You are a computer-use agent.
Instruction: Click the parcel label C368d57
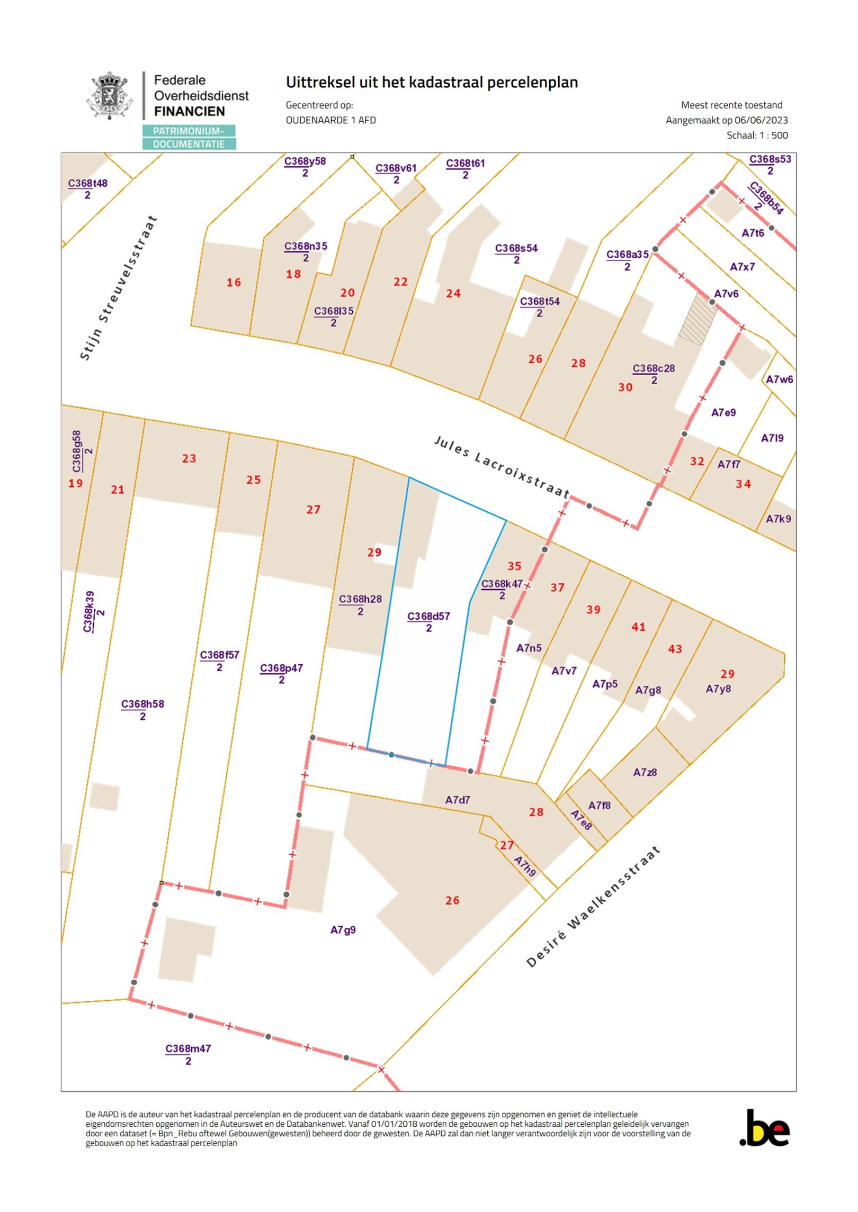coord(428,616)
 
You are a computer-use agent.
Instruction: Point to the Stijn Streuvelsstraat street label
coord(119,288)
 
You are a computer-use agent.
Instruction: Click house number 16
coord(234,283)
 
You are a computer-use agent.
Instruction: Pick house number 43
coord(675,649)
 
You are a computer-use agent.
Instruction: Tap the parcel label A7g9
coord(343,930)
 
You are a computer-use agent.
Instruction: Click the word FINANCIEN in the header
coord(189,111)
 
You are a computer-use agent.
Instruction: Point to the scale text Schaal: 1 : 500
coord(757,135)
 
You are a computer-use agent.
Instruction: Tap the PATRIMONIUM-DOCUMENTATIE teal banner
coord(189,138)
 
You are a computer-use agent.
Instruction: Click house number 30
coord(625,387)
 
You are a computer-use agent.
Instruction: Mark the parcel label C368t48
coord(87,184)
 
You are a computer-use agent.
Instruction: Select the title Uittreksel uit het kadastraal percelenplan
coord(432,83)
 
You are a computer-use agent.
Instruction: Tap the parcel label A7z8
coord(645,772)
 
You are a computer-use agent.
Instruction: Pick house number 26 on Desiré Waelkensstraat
coord(452,900)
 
